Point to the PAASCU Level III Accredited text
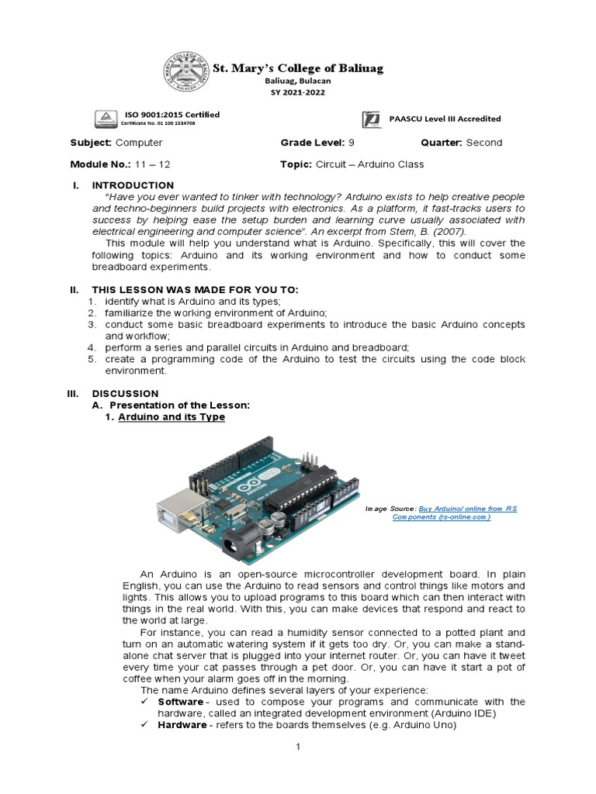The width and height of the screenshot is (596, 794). (x=445, y=119)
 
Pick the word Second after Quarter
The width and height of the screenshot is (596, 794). (x=484, y=143)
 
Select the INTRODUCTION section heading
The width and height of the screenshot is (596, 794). (x=133, y=185)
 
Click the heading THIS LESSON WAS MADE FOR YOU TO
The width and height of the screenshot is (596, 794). (x=195, y=289)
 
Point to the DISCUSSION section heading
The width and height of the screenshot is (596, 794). (x=125, y=393)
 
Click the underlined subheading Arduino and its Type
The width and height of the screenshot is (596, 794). (x=172, y=417)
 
